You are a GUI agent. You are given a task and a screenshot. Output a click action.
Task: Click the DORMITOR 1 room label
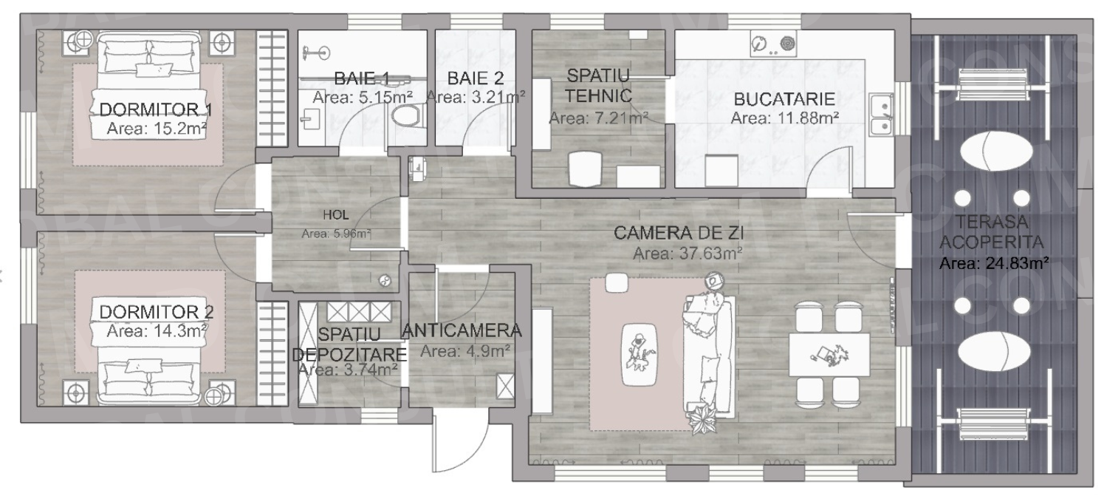tap(155, 109)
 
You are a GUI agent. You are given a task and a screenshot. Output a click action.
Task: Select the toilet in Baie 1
tap(405, 116)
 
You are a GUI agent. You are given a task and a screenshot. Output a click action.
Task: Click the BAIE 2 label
tap(476, 78)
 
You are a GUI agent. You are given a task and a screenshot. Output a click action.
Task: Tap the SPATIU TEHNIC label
tap(597, 85)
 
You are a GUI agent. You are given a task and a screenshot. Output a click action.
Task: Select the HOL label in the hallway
tap(335, 215)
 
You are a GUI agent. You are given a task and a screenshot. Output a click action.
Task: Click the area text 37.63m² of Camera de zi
tap(688, 254)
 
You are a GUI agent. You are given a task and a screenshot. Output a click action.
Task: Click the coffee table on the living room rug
tap(640, 355)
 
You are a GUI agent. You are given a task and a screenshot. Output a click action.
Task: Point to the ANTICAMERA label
tap(462, 330)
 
